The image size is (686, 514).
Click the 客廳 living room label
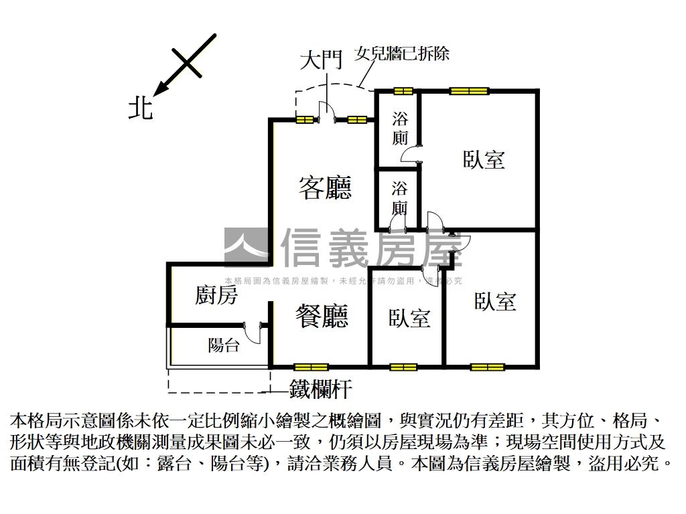click(x=325, y=188)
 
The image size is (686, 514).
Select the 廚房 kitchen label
click(x=216, y=294)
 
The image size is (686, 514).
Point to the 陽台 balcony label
click(x=223, y=345)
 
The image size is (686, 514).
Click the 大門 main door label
click(x=321, y=61)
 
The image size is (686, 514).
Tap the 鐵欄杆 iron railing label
click(x=320, y=389)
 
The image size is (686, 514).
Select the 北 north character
click(x=141, y=108)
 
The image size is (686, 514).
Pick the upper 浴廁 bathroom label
click(x=400, y=128)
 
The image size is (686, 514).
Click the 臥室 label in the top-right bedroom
click(x=483, y=159)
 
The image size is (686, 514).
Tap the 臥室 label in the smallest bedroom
click(x=409, y=318)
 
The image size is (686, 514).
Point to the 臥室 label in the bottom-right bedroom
click(x=495, y=302)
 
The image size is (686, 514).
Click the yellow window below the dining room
click(x=311, y=367)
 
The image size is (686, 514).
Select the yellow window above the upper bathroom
click(x=403, y=91)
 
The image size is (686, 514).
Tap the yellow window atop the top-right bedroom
click(x=468, y=91)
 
